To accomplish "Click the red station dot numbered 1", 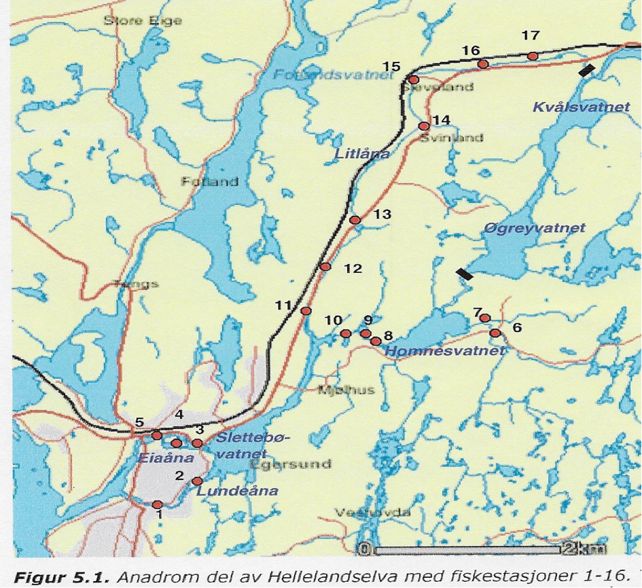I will tap(158, 504).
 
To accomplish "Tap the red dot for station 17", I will tap(533, 56).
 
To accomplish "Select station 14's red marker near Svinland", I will tap(424, 126).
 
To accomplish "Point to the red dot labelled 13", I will tap(354, 220).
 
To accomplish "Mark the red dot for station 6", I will tap(495, 333).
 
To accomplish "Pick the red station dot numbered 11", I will tap(306, 311).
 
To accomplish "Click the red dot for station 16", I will tap(483, 65).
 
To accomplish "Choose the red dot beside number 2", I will tap(198, 481).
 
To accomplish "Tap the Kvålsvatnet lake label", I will tap(581, 107).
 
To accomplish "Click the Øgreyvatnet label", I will tap(535, 229).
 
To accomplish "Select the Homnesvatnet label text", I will tap(445, 351).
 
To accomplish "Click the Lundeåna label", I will tap(237, 490).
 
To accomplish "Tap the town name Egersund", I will tap(290, 464).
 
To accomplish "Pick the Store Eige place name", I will tap(143, 21).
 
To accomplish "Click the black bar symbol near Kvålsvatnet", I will tap(588, 70).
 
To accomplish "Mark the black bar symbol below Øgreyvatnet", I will tap(465, 274).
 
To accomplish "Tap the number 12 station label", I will tap(353, 268).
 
